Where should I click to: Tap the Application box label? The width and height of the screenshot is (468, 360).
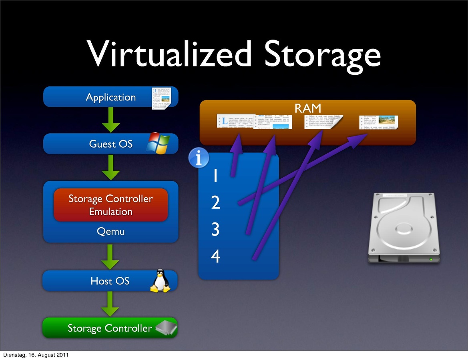coord(111,97)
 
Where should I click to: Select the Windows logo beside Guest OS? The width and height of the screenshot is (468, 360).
coord(158,143)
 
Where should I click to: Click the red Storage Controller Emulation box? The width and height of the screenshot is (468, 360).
coord(110,205)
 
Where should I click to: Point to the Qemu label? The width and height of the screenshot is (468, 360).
coord(110,232)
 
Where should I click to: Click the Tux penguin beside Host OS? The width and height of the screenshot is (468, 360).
coord(160,281)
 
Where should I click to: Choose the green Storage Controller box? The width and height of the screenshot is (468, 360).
coord(109,328)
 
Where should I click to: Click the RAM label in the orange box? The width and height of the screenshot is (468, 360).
coord(307,108)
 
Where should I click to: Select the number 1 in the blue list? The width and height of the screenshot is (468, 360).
coord(215,176)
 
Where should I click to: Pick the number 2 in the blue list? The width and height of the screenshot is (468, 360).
coord(215,203)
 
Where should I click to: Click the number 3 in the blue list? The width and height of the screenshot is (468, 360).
coord(215,230)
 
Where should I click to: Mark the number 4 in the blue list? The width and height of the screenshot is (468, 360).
coord(215,256)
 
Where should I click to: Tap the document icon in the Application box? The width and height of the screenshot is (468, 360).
coord(161,98)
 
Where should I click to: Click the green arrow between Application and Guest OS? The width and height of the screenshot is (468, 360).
coord(110,120)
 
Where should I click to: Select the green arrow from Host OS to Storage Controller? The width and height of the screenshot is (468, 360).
coord(110,304)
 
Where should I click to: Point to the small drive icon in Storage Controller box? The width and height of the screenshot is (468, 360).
coord(166,328)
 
